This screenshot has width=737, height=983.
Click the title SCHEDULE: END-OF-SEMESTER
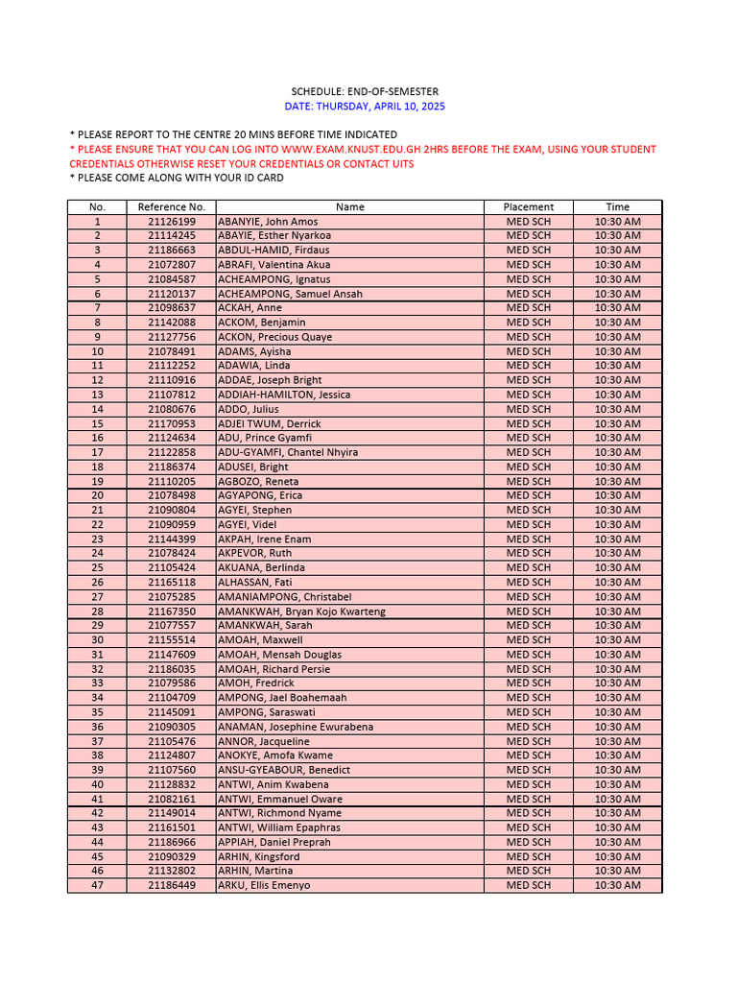coord(365,91)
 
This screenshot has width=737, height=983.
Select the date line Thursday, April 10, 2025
coord(365,107)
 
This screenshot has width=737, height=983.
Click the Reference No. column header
coord(171,206)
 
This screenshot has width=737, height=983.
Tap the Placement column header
coord(529,206)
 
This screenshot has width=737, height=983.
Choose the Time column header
coord(617,206)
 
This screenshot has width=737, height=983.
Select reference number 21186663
coord(171,251)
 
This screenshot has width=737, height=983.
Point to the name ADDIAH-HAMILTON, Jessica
coord(284,395)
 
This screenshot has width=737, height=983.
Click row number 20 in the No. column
coord(97,495)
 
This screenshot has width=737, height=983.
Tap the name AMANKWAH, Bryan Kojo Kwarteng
coord(301,611)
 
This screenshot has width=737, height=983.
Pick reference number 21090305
coord(171,727)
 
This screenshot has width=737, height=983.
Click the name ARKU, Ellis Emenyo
coord(264,885)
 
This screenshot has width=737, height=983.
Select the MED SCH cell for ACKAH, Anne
coord(529,308)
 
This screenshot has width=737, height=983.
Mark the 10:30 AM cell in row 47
coord(617,885)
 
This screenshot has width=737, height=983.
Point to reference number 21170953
coord(171,423)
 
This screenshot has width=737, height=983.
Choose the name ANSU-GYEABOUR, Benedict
coord(284,770)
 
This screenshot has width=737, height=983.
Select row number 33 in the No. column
coord(97,683)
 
